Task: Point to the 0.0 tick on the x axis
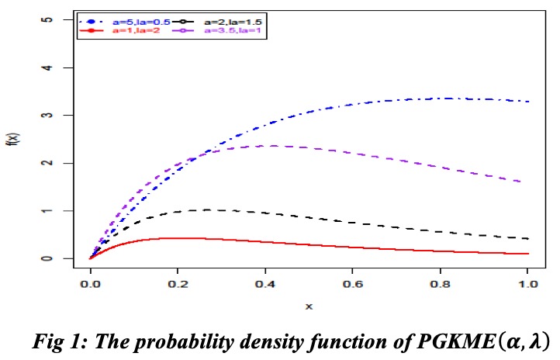(91, 285)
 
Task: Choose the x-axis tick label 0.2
(178, 285)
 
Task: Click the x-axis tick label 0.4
(266, 285)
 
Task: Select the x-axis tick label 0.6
(354, 285)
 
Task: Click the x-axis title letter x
(309, 306)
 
